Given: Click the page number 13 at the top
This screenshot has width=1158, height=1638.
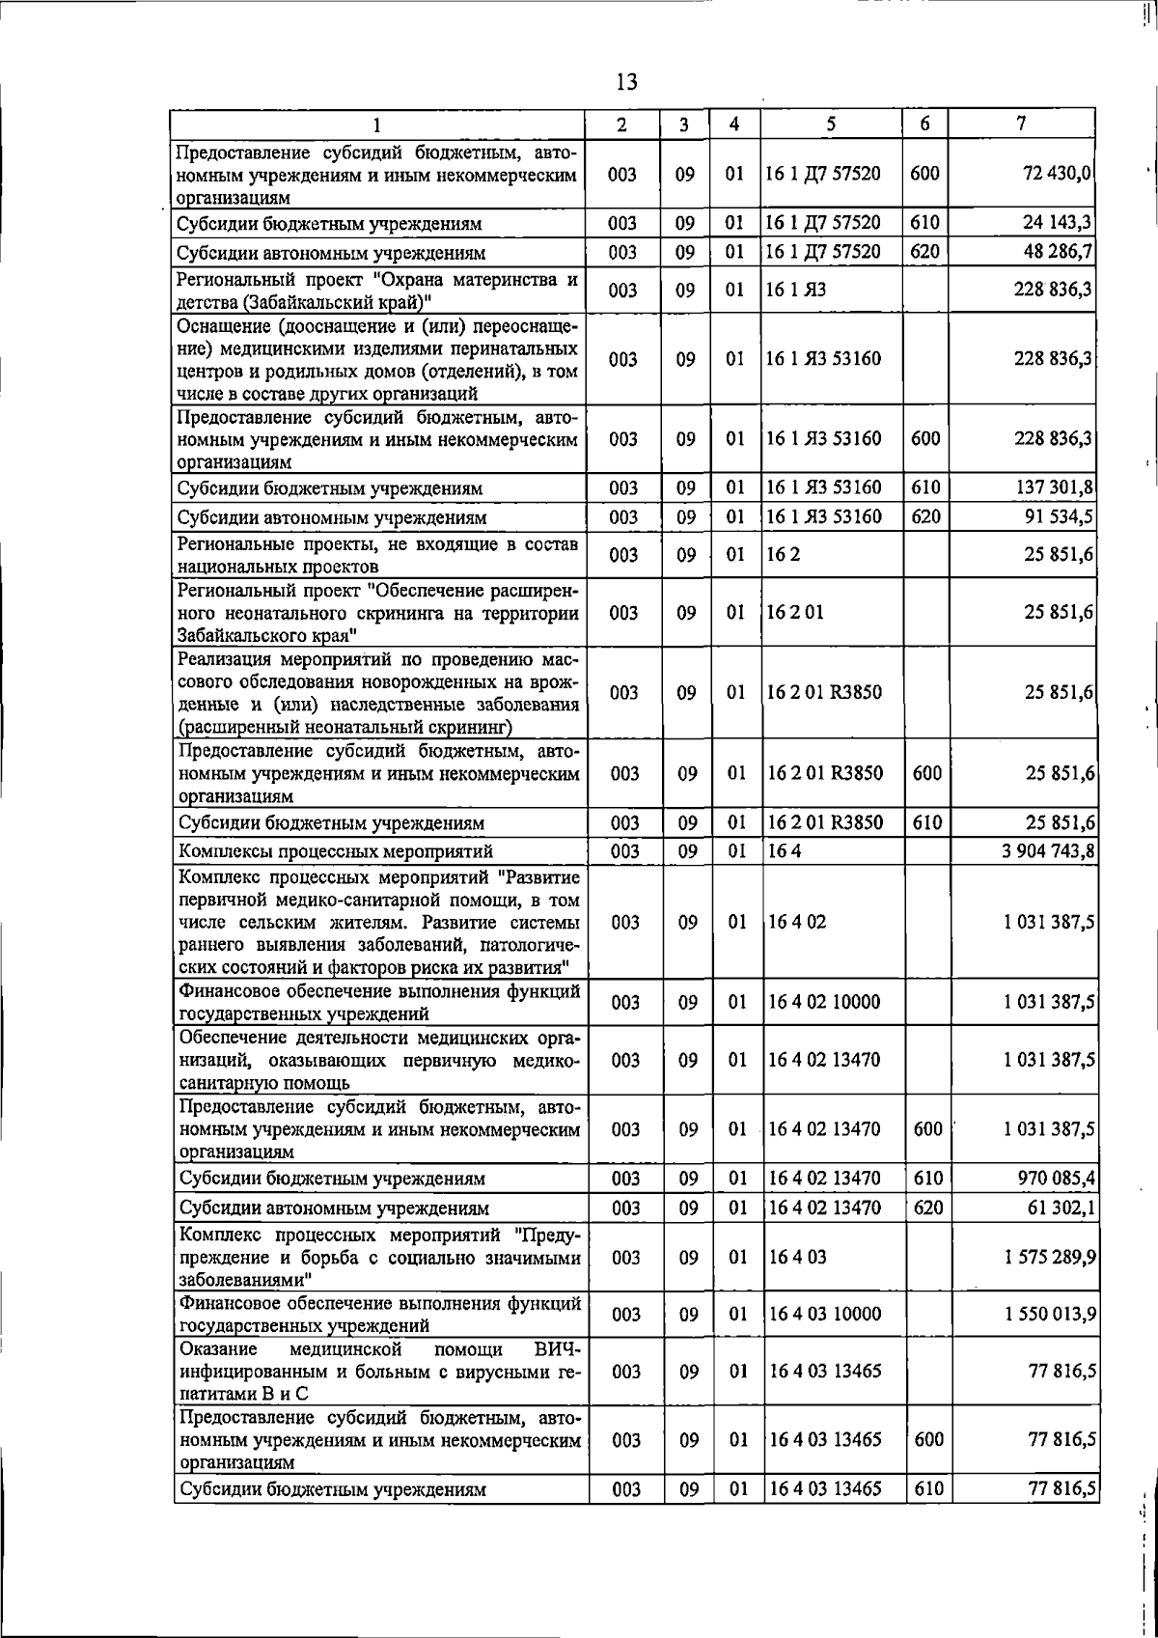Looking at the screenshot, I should pyautogui.click(x=626, y=82).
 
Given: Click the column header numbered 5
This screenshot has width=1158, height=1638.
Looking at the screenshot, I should pyautogui.click(x=831, y=124).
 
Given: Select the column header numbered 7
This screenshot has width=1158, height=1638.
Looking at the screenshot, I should pyautogui.click(x=1021, y=124).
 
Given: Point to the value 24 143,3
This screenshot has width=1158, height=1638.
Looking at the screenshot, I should pyautogui.click(x=1057, y=223).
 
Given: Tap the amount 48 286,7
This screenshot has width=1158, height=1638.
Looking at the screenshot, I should pyautogui.click(x=1057, y=252).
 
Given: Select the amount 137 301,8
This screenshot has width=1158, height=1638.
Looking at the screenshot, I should pyautogui.click(x=1053, y=487).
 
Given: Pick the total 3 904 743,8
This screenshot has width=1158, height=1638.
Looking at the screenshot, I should pyautogui.click(x=1046, y=850).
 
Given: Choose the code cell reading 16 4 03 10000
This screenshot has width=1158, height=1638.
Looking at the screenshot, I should pyautogui.click(x=824, y=1314).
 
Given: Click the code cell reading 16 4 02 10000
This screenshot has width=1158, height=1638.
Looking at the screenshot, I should pyautogui.click(x=824, y=1002).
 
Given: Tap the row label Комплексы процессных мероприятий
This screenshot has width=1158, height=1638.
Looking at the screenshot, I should pyautogui.click(x=336, y=851).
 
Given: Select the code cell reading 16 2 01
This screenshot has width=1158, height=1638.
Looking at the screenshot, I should pyautogui.click(x=796, y=613).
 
